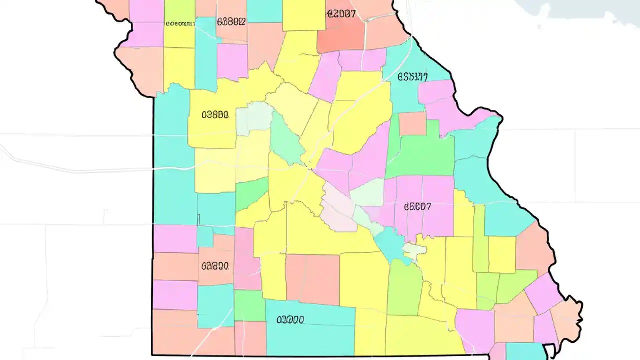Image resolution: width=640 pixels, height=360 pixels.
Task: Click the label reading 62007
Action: [x=341, y=13]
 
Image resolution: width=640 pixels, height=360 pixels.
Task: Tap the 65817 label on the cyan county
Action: [x=412, y=77]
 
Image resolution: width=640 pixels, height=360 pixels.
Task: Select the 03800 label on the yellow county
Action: [x=215, y=115]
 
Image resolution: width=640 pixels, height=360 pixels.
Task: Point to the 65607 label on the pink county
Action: [x=417, y=206]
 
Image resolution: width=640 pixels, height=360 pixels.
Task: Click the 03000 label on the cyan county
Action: [x=290, y=319]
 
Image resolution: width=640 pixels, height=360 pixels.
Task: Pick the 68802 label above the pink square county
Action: [x=231, y=21]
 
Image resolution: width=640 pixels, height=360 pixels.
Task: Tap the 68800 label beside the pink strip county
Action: [x=215, y=266]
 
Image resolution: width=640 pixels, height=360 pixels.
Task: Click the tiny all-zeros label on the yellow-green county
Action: [x=179, y=23]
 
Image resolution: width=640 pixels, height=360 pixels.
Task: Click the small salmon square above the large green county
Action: [x=413, y=123]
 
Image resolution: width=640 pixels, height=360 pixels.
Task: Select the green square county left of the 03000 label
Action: [x=249, y=305]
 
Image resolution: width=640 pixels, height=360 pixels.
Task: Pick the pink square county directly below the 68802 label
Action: [x=232, y=61]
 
